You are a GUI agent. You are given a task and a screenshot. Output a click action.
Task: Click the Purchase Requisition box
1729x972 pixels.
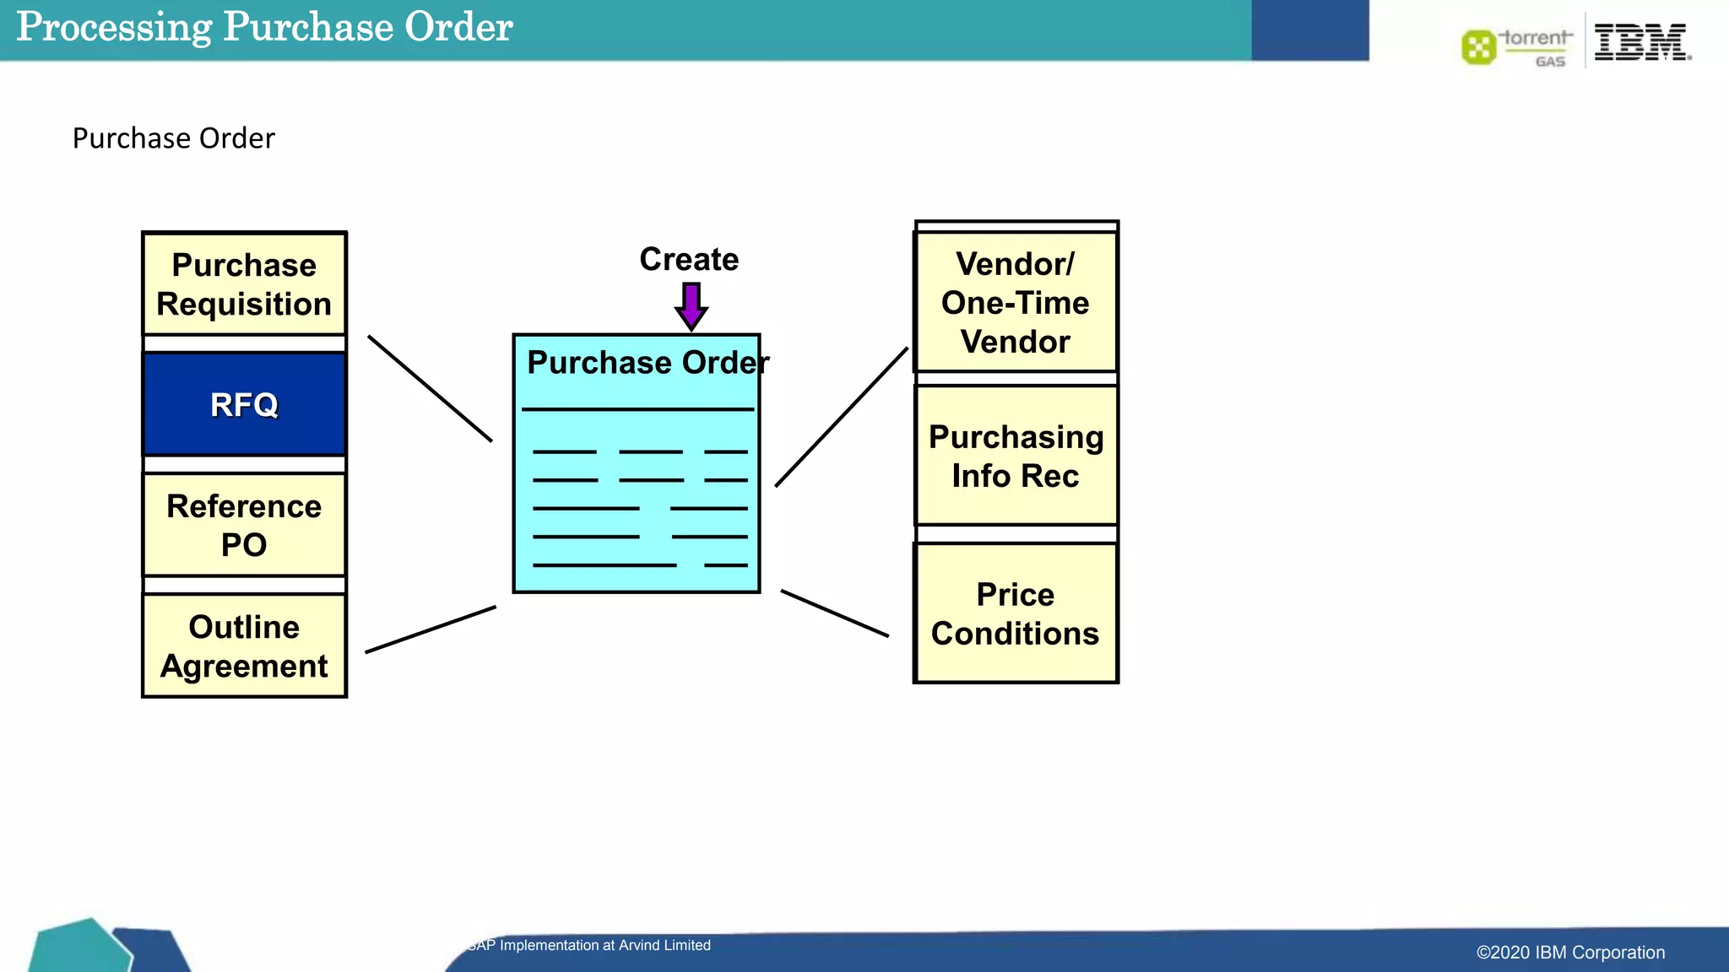tap(244, 284)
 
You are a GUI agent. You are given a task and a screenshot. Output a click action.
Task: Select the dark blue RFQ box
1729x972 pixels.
tap(244, 405)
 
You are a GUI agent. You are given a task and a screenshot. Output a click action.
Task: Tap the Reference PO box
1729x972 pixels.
tap(244, 525)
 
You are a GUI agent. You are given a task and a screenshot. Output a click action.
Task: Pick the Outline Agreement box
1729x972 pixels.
tap(244, 645)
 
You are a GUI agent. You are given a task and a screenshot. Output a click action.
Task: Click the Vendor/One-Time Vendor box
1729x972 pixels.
tap(1016, 302)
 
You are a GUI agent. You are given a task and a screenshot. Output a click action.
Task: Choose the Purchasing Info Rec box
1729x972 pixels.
tap(1016, 456)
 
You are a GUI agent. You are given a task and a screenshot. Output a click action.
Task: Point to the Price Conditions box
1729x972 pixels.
tap(1016, 613)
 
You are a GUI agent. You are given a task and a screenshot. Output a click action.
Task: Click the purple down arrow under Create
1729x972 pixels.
tap(691, 305)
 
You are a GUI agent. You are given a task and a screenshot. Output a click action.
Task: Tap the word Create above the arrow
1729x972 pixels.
tap(689, 259)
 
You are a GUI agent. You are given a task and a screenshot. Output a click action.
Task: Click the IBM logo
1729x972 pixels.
tap(1641, 42)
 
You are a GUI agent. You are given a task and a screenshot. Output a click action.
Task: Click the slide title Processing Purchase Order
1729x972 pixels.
tap(264, 27)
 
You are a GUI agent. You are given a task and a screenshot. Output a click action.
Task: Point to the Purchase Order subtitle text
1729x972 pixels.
tap(173, 138)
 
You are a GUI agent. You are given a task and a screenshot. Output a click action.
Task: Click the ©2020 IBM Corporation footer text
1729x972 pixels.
tap(1570, 953)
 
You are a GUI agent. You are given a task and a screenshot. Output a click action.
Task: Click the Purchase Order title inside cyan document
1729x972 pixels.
tap(648, 363)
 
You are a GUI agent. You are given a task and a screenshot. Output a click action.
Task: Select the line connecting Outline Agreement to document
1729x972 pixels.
tap(431, 629)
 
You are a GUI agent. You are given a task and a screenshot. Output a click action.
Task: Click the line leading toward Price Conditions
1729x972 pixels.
tap(835, 613)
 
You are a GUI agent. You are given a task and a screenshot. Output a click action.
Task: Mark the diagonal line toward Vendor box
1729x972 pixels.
tap(842, 417)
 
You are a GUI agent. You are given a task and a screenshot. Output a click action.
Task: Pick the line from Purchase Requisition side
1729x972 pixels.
tap(430, 388)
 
